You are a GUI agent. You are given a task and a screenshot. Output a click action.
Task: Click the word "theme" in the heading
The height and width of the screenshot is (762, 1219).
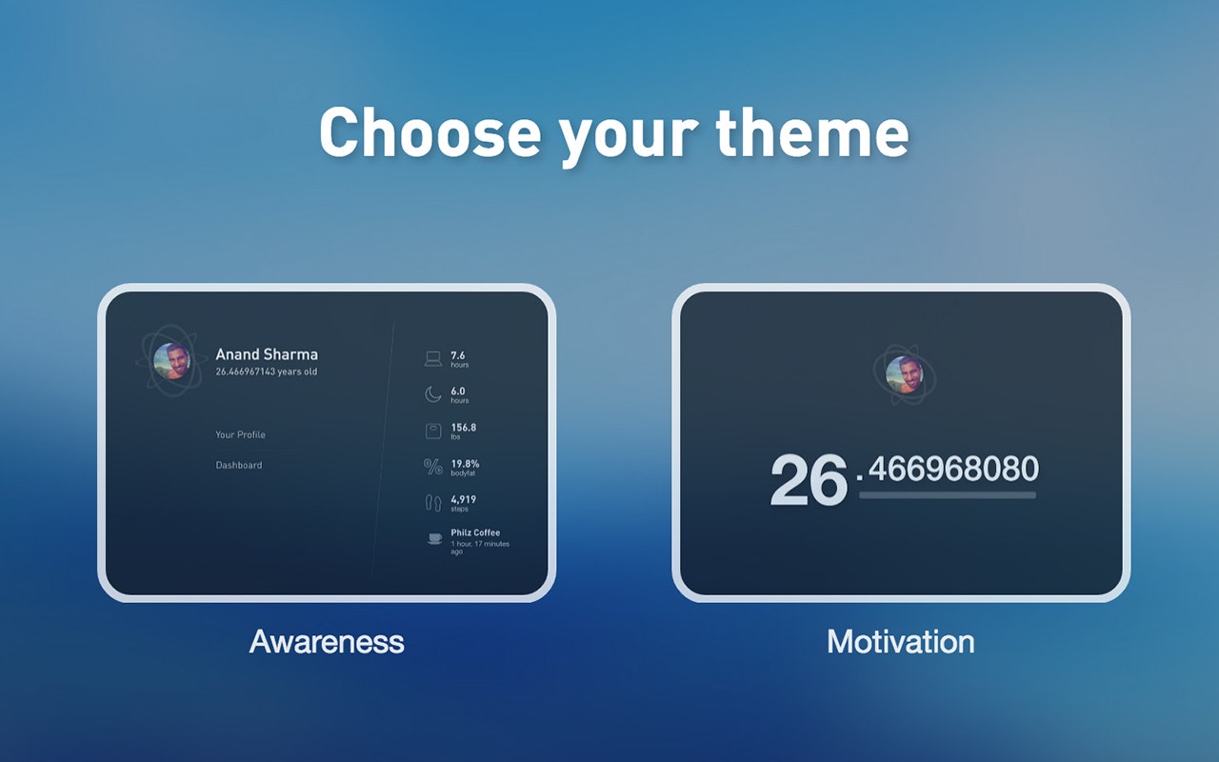pos(812,132)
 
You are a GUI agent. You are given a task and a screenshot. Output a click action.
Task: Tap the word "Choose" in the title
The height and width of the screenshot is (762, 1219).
pos(430,132)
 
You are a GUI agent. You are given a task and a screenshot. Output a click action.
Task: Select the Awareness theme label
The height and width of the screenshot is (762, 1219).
pos(327,641)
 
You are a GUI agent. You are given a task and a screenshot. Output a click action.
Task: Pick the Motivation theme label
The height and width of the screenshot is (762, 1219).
pos(901,641)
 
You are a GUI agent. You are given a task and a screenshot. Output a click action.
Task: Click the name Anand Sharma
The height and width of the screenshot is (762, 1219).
pos(267,354)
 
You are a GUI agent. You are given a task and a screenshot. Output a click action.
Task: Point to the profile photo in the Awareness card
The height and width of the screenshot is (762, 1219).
pos(172,361)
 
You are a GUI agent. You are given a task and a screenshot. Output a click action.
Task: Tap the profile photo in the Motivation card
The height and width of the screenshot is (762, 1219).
pos(905,374)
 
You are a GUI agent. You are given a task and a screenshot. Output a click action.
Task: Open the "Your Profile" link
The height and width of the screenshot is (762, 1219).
pos(241,434)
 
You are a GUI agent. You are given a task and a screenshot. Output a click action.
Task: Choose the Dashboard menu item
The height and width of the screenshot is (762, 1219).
pos(239,465)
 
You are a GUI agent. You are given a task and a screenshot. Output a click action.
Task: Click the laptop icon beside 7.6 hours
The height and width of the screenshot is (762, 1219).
pos(433,359)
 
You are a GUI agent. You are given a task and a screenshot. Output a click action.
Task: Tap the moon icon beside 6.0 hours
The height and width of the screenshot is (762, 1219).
pos(432,394)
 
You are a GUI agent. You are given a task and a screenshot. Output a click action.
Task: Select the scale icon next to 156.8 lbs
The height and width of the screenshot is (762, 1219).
pos(433,431)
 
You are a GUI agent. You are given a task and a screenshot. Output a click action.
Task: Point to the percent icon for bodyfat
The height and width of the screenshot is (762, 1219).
pos(433,467)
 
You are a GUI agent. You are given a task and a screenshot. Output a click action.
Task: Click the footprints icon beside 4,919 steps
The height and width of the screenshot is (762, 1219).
pos(433,502)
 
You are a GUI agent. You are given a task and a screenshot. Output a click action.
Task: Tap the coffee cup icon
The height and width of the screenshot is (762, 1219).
pos(434,539)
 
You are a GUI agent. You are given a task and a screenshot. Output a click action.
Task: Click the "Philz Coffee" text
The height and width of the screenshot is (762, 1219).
pos(475,532)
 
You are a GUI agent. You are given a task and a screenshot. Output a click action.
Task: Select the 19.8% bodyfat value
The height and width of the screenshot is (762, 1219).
pos(465,464)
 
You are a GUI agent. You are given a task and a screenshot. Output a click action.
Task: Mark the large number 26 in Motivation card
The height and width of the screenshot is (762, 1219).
pos(809,480)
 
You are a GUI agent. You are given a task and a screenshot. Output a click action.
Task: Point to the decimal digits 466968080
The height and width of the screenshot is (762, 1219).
pos(953,469)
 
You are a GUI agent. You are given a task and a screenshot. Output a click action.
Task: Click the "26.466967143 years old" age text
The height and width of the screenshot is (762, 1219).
pos(266,371)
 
